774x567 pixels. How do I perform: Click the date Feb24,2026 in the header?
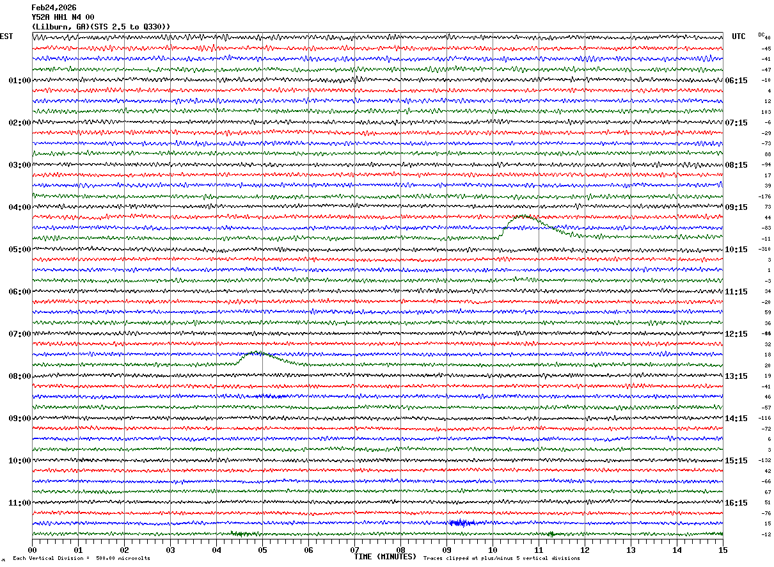[x=54, y=8]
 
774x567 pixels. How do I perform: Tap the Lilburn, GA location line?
[x=101, y=26]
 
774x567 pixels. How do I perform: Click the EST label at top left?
[x=6, y=36]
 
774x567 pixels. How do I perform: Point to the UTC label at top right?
[x=739, y=36]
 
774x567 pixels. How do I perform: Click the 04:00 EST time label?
[x=19, y=207]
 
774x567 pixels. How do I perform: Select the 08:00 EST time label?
[x=19, y=376]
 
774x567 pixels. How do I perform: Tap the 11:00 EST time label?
[x=19, y=503]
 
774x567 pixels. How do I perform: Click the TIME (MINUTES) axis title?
[x=385, y=557]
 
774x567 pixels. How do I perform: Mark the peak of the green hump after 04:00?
[x=523, y=216]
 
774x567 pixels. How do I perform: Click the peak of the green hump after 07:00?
[x=257, y=352]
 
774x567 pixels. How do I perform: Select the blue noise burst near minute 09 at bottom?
[x=462, y=523]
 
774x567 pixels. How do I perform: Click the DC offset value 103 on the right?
[x=766, y=112]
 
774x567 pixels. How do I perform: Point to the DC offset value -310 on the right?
[x=764, y=249]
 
